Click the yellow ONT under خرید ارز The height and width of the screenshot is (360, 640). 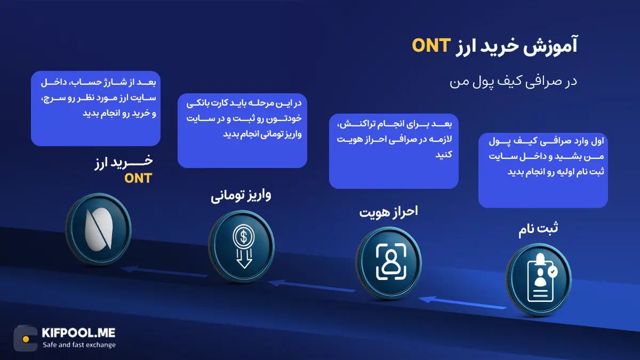coord(138,179)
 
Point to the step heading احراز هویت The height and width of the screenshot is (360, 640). coord(388,212)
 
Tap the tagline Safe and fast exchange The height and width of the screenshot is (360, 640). coord(79,345)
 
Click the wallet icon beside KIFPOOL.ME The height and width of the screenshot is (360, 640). coord(26,338)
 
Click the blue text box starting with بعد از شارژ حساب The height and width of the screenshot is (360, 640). coord(95,108)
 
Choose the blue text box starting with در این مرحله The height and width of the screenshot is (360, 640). coord(242,130)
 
